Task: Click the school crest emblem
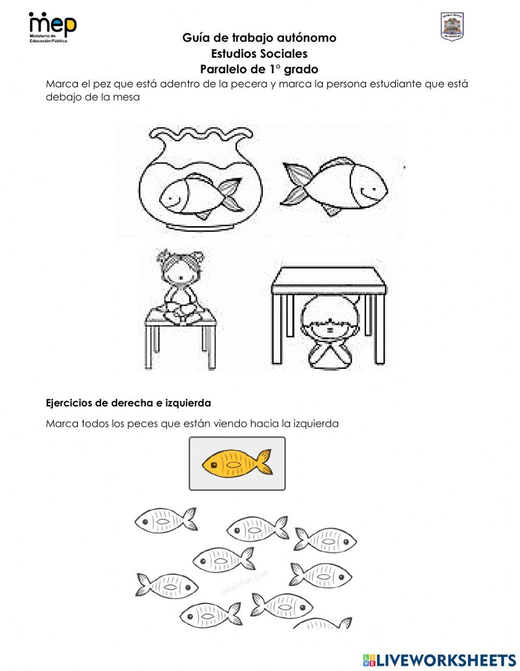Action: tap(451, 26)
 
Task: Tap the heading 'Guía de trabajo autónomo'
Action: tap(259, 38)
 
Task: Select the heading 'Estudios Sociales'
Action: tap(259, 54)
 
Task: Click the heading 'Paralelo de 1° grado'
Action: tap(259, 69)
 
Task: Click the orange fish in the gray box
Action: tap(237, 463)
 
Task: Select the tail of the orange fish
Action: tap(265, 462)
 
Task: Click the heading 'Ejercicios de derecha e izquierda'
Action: tap(128, 403)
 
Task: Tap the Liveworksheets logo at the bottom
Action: tap(439, 660)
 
